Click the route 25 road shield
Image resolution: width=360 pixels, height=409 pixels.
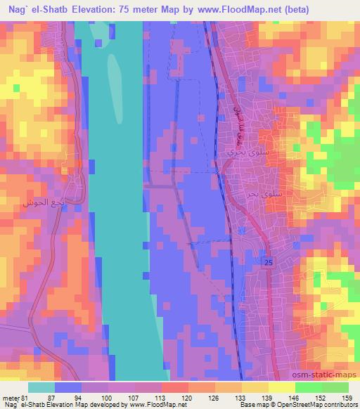coord(269,262)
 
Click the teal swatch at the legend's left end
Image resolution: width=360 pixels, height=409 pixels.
coord(41,387)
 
